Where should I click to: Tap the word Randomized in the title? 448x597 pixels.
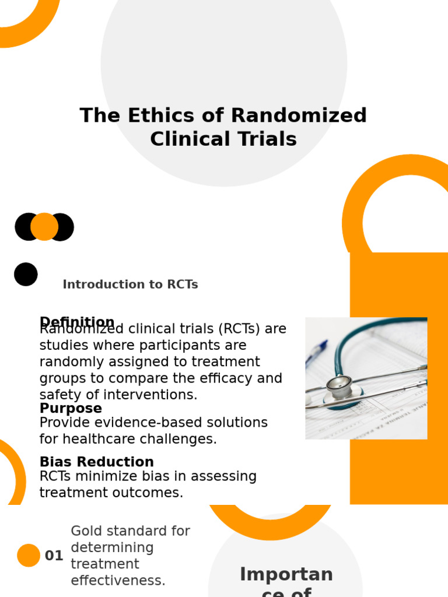pos(299,115)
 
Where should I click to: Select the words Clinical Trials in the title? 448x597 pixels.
pos(223,139)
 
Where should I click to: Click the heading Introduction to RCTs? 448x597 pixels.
pos(130,285)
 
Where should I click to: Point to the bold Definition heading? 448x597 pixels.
pos(76,321)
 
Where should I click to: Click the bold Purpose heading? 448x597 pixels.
pos(71,408)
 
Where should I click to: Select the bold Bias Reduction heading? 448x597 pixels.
pos(96,462)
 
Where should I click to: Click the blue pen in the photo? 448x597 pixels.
pos(317,353)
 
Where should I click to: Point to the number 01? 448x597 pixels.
pos(54,556)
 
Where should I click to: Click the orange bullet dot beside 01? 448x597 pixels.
pos(29,556)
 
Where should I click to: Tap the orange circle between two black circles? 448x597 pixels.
pos(44,227)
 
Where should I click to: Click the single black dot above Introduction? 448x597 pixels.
pos(26,274)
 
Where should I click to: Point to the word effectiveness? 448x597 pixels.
pos(118,581)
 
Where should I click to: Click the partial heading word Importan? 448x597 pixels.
pos(286,574)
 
